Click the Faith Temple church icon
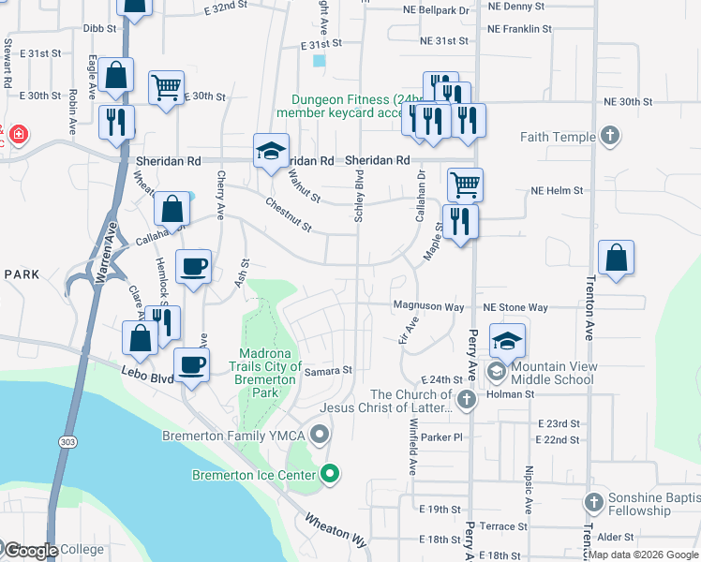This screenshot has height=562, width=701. [x=610, y=137]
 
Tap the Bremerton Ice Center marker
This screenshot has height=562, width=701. [x=329, y=475]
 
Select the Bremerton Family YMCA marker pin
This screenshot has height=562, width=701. [x=321, y=435]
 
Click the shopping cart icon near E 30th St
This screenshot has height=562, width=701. [x=166, y=88]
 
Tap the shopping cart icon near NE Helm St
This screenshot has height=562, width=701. [x=465, y=184]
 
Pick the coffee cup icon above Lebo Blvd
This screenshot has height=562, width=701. [x=193, y=363]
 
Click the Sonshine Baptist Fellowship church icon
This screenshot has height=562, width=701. [x=592, y=502]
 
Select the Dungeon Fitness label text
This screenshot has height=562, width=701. [x=346, y=100]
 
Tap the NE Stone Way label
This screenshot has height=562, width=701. [x=515, y=307]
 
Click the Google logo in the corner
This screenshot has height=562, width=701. [x=30, y=551]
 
